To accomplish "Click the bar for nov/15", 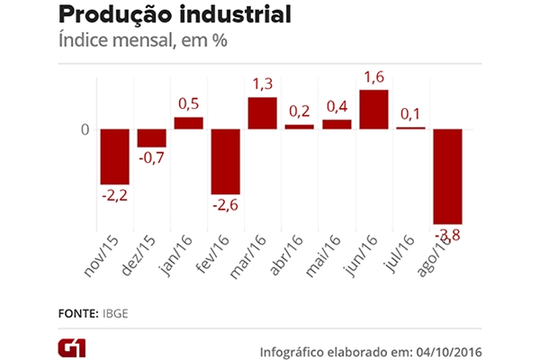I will pos(114,157).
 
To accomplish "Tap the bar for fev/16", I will pos(225,161).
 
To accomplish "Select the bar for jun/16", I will pos(373,109).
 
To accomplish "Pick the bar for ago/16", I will pos(447,175).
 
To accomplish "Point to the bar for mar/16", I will pos(262,112).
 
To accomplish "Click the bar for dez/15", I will pos(151,138).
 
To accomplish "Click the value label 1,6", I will pos(373,78).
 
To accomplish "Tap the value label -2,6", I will pos(225,206).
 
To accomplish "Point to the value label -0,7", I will pos(151,159).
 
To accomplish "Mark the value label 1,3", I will pos(262,85).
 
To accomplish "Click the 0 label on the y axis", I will pos(85,129).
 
